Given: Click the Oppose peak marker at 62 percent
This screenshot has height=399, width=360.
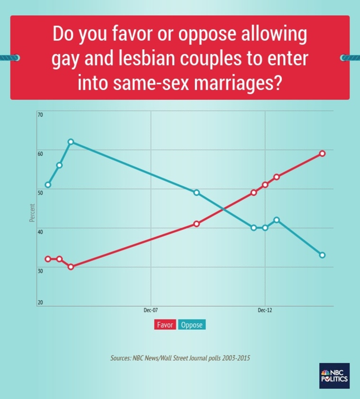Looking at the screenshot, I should pos(71,142).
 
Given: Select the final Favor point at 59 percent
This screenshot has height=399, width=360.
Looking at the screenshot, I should pos(322,153).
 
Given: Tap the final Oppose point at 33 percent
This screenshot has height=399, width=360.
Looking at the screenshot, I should pos(322,255).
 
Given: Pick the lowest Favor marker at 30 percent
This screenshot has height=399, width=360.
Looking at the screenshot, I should pos(71,267).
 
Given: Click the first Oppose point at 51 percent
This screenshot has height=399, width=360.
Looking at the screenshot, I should pos(48,185).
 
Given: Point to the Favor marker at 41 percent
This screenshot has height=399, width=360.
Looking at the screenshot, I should pos(197,224).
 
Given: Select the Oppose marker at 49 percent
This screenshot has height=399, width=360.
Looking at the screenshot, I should pos(197,193).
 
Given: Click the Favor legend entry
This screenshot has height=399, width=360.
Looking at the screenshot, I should pos(165,325).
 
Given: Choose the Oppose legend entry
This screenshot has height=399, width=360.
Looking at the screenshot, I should pos(192,325).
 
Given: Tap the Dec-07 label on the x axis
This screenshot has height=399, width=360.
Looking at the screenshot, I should pos(151,310).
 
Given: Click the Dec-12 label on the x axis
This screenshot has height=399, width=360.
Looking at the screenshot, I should pos(265,310).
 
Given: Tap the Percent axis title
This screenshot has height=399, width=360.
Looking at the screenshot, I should pos(32,213).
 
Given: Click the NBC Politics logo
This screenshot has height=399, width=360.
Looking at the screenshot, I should pos(334,376).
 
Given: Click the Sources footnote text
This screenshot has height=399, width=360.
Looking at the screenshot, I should pos(180,358).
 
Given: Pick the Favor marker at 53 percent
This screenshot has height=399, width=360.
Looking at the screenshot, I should pos(276,177).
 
